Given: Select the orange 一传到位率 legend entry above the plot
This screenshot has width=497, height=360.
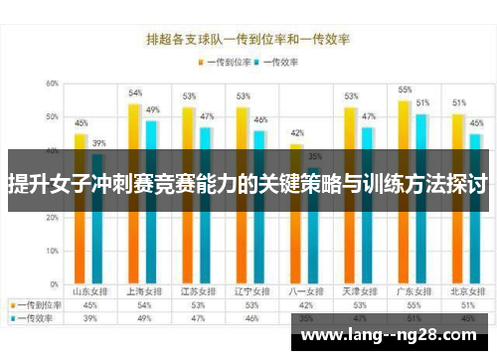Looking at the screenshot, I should click(226, 61).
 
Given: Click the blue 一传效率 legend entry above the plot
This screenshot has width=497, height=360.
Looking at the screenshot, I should click(280, 61).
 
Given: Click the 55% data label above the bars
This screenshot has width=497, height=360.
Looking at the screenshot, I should click(405, 90).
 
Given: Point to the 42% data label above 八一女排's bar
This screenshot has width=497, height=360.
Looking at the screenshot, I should click(296, 133).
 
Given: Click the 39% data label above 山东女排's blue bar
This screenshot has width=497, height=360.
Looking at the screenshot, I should click(99, 143).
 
